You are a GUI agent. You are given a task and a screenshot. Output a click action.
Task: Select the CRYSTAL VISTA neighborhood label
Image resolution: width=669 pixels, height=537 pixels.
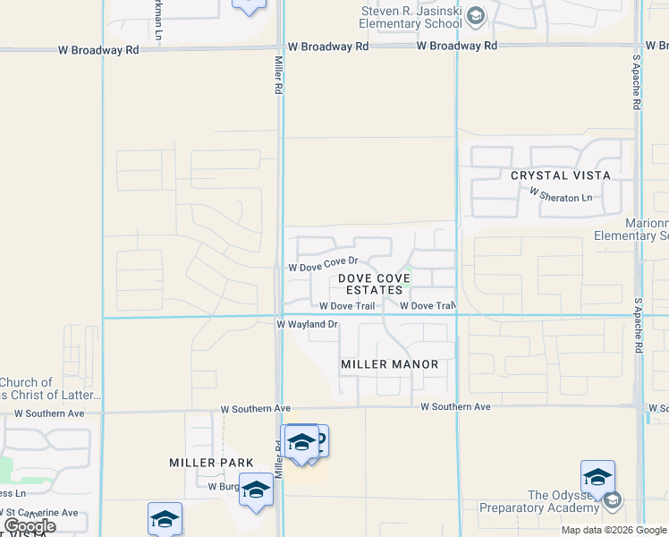[x=561, y=175]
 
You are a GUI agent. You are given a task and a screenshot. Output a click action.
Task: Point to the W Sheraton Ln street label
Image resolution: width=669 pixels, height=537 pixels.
[x=561, y=193]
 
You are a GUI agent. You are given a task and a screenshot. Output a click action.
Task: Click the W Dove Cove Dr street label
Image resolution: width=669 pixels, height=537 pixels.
[x=323, y=267]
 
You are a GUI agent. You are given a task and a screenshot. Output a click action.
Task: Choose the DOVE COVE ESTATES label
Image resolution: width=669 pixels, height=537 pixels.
[x=375, y=284]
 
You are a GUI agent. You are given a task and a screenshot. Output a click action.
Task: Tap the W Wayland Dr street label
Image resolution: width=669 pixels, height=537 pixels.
[x=307, y=325]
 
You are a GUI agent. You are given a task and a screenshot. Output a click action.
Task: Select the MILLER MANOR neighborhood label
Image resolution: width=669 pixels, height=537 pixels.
[x=390, y=364]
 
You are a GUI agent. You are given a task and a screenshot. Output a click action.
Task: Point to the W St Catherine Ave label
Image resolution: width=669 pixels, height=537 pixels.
[x=39, y=513]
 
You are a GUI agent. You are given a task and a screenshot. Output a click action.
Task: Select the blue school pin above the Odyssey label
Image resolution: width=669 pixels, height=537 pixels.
[x=597, y=477]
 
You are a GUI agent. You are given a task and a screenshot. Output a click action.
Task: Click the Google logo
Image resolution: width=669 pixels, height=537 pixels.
[x=30, y=526]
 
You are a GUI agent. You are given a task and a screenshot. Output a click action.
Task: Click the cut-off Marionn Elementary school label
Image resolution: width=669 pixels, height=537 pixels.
[x=631, y=229]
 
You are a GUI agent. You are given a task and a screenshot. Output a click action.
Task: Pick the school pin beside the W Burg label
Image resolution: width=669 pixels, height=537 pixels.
[x=256, y=490]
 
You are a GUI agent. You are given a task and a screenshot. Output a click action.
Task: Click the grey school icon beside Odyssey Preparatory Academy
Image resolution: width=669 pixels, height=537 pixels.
[x=613, y=500]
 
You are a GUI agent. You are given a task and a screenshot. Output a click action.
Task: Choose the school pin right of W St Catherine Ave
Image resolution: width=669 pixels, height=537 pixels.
[x=165, y=519]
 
